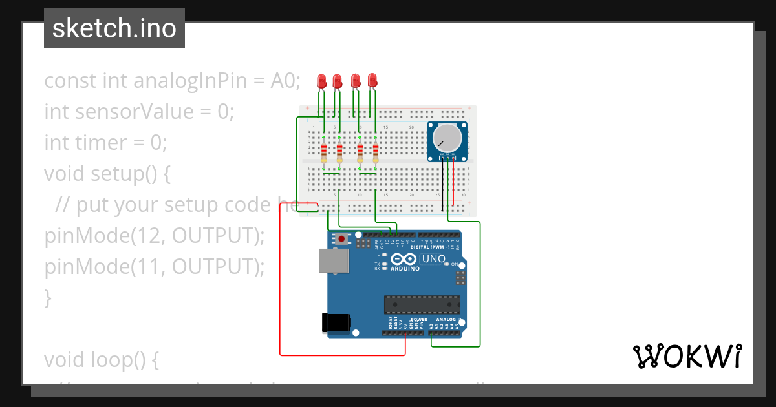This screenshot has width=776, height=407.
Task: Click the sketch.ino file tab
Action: (x=114, y=28)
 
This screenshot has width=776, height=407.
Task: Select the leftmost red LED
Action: (x=321, y=81)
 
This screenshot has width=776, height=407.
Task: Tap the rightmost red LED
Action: (x=372, y=81)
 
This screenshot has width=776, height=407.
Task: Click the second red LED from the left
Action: (x=337, y=81)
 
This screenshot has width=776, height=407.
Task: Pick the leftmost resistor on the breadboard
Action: (x=324, y=152)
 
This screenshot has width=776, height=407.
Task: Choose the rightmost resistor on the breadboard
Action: (x=376, y=152)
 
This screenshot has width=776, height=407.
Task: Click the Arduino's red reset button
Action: (x=341, y=239)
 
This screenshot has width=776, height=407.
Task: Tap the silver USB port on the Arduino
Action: (x=334, y=262)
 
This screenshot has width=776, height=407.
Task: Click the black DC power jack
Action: (x=336, y=322)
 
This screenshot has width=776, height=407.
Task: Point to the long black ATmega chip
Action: (x=422, y=304)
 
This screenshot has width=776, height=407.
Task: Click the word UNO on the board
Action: (x=434, y=259)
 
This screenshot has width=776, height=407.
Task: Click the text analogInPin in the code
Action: (x=191, y=81)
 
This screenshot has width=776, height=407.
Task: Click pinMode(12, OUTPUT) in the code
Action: (x=154, y=236)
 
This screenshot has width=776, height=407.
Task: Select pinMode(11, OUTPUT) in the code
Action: (x=154, y=267)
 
